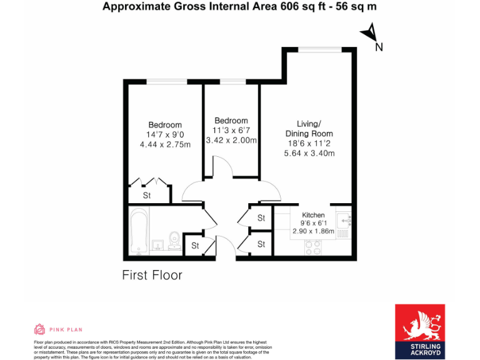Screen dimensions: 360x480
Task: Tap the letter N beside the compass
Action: click(379, 46)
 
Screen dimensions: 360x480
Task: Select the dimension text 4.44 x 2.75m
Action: click(165, 144)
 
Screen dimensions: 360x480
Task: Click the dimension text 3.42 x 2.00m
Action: click(231, 140)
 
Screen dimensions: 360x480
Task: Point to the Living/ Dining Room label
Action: click(309, 129)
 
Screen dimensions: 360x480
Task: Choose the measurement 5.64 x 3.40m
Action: click(309, 153)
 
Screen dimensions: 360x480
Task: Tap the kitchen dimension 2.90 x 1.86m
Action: click(313, 231)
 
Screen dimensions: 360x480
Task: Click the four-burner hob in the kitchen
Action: click(312, 247)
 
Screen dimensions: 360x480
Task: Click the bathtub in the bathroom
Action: click(139, 232)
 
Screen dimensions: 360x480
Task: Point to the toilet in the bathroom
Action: click(176, 240)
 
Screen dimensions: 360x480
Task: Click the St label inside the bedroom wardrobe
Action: click(147, 196)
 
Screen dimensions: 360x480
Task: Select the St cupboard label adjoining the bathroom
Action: click(195, 246)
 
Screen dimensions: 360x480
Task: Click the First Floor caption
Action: click(152, 274)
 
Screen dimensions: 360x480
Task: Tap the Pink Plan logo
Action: click(57, 329)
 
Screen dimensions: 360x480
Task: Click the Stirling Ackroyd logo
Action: click(419, 331)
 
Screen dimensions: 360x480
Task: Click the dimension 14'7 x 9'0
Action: click(165, 134)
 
